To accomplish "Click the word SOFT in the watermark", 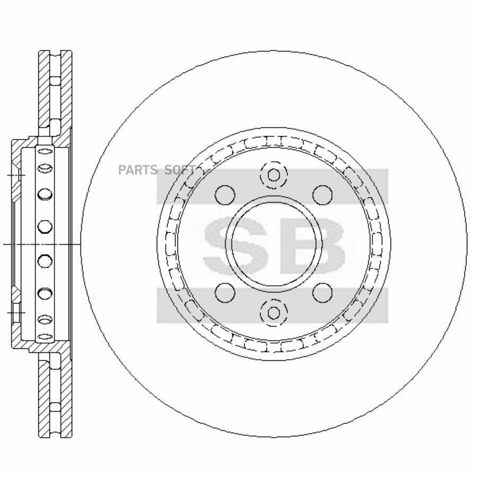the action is pyautogui.click(x=180, y=170).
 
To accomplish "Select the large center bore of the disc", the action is pyautogui.click(x=274, y=244).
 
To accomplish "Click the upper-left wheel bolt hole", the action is pyautogui.click(x=225, y=195).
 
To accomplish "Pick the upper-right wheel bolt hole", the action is pyautogui.click(x=322, y=195).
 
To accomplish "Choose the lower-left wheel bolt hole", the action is pyautogui.click(x=225, y=293).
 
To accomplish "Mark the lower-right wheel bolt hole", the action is pyautogui.click(x=322, y=293).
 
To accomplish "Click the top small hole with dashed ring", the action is pyautogui.click(x=274, y=175).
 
